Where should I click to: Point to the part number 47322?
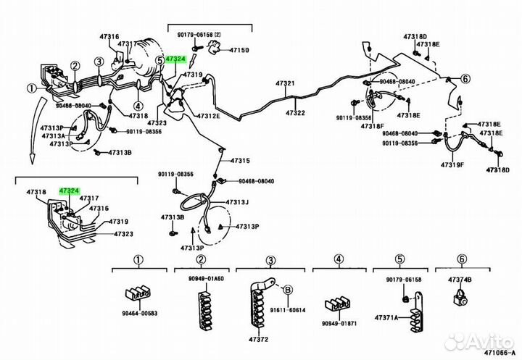[294, 114]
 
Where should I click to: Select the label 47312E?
[207, 116]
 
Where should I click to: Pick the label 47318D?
[415, 36]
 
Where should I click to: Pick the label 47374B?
[460, 280]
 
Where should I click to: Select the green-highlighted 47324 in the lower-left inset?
[69, 190]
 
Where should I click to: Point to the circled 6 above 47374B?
[460, 259]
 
